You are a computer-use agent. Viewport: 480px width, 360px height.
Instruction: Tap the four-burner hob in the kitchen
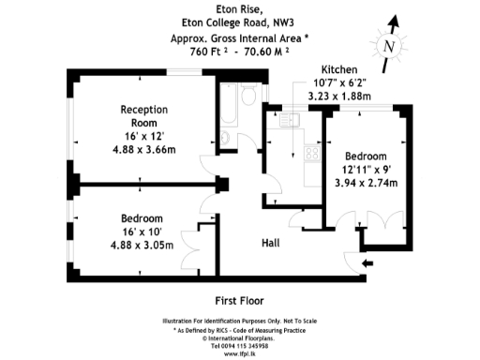point(312,155)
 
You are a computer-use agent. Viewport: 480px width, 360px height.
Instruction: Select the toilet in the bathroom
point(225,140)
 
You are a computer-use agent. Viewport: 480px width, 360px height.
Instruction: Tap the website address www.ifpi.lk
point(240,352)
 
